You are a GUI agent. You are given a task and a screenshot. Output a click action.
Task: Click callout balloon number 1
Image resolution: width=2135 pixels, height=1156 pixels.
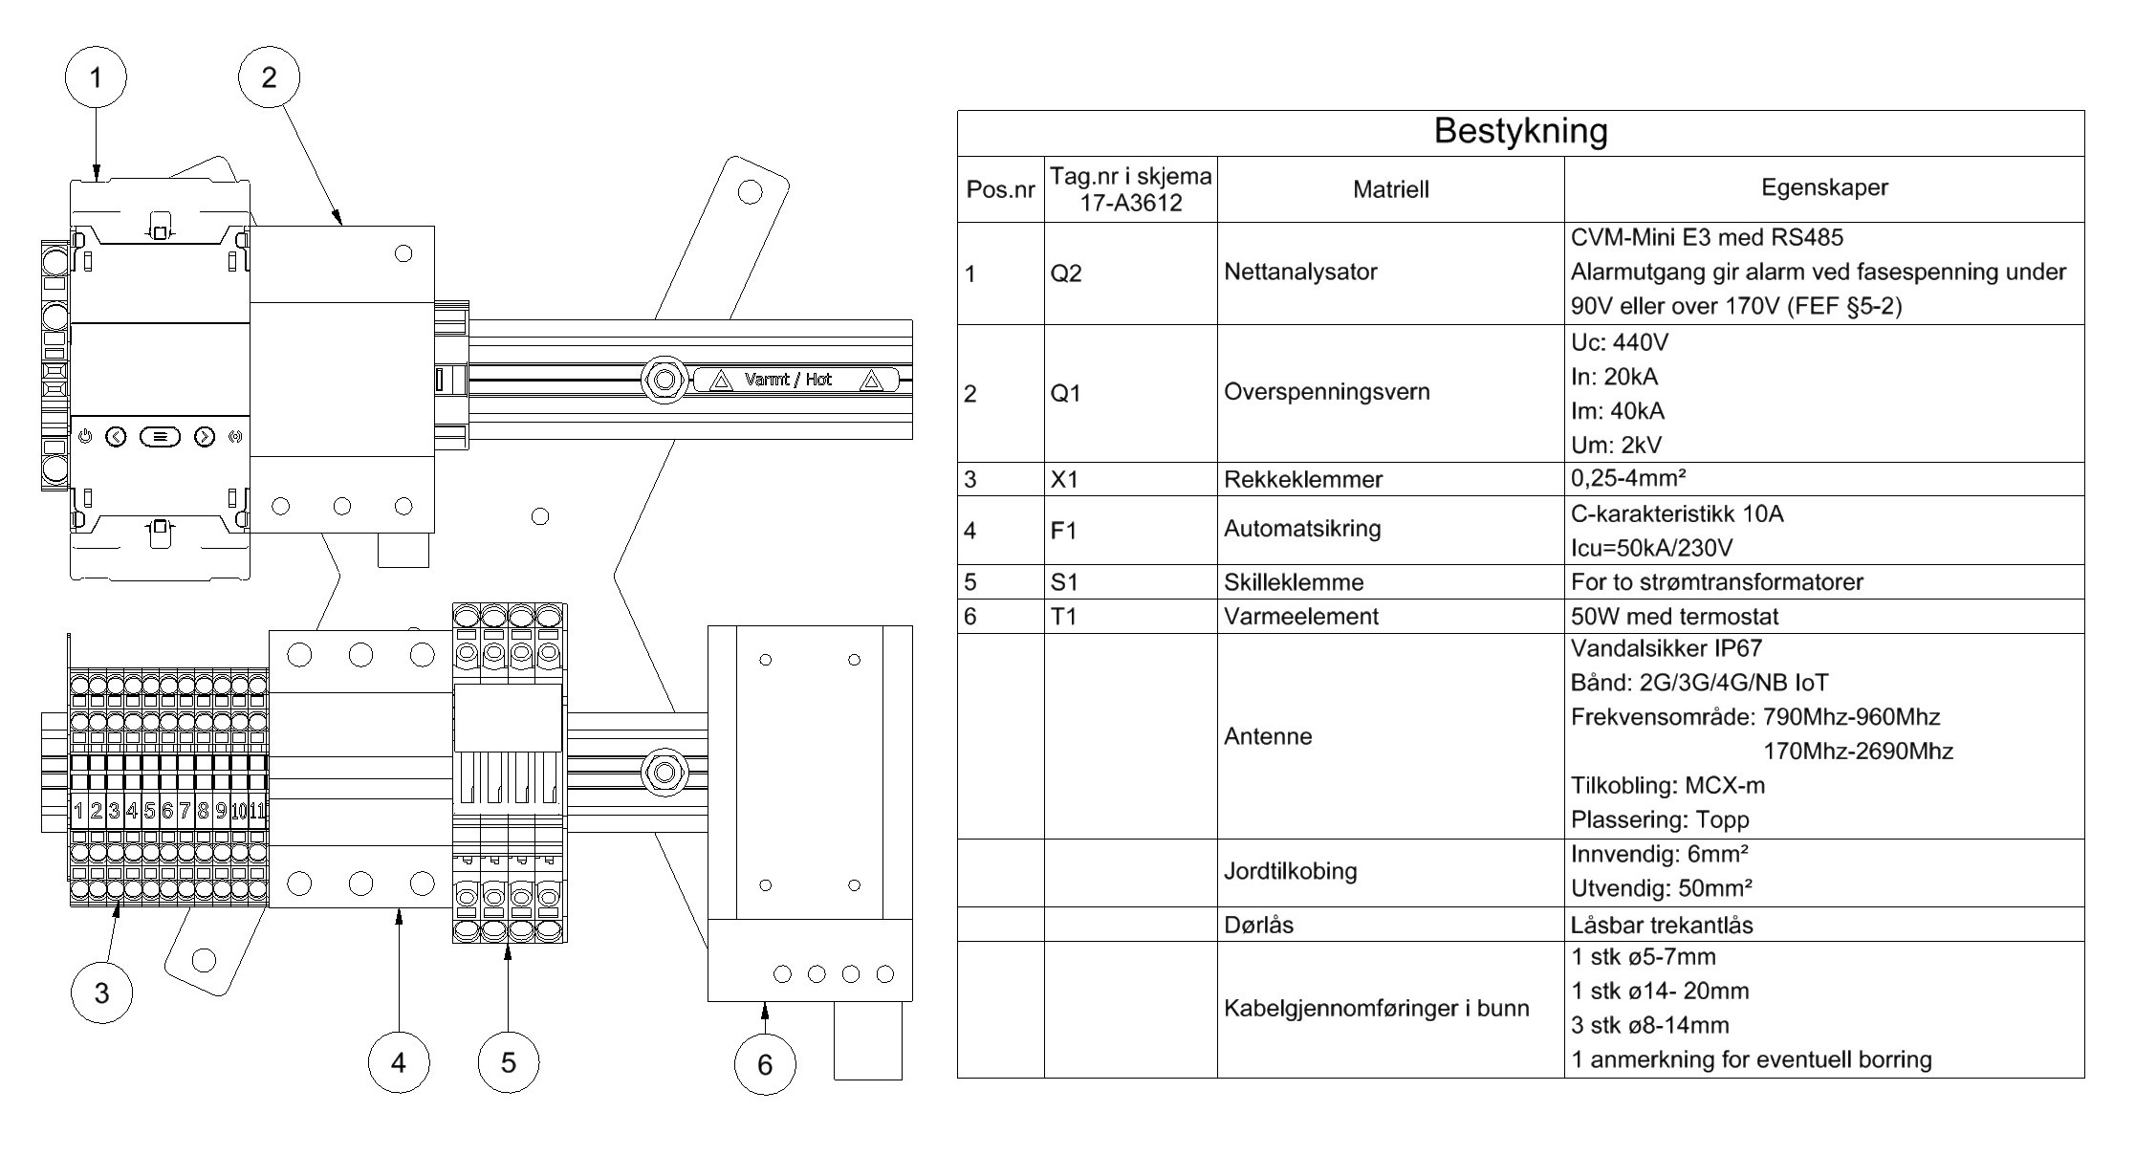96,77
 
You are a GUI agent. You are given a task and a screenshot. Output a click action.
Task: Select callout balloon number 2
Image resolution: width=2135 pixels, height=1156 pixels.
269,77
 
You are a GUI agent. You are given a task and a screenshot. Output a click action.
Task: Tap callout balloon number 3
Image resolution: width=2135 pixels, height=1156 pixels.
102,992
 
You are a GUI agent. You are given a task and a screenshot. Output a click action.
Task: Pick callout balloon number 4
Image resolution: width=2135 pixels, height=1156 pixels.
399,1062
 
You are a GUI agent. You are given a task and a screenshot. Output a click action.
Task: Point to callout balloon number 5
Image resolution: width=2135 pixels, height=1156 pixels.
509,1062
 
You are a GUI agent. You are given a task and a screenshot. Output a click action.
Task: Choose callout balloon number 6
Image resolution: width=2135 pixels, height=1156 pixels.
765,1064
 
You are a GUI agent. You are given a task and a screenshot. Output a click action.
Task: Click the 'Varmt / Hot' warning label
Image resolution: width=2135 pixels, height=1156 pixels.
795,380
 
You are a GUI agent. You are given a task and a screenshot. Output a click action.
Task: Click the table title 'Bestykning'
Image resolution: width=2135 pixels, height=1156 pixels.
1520,131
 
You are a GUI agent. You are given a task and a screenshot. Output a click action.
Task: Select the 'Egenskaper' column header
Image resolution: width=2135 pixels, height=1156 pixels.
1824,187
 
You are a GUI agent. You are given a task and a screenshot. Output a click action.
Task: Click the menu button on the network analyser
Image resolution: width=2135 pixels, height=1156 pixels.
160,437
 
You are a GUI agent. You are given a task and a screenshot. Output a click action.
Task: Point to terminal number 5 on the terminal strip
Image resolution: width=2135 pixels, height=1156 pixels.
150,812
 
